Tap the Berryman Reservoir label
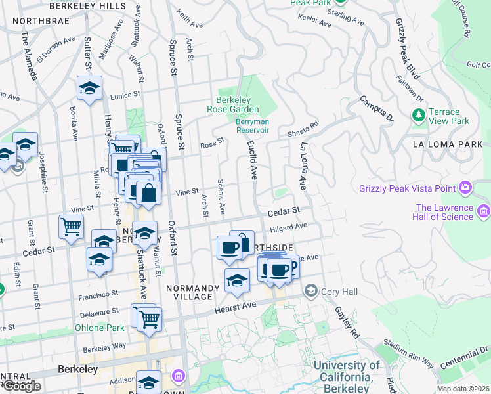coord(253,125)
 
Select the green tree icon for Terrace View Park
coord(419,116)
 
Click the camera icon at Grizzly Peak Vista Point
coord(465,188)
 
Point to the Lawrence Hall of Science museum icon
coord(484,211)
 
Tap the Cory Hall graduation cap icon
coord(310,290)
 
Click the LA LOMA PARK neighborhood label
coord(447,144)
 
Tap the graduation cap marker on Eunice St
coord(89,87)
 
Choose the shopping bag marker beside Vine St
coord(149,194)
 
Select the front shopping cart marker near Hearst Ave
coord(150,318)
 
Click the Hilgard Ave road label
coord(289,227)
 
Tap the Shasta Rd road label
coord(303,129)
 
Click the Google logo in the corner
coord(21,386)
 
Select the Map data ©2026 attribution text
coord(463,389)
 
